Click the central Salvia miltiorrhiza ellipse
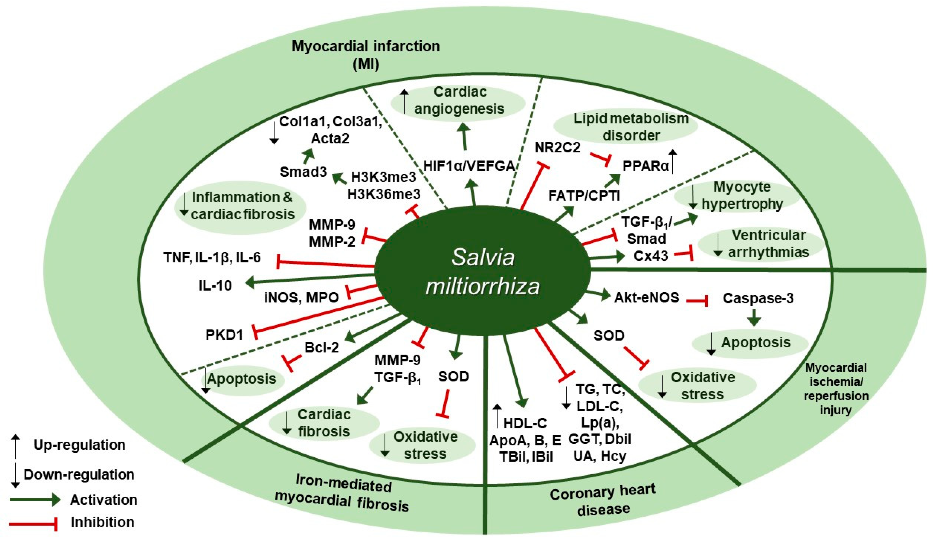[482, 271]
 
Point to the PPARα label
[646, 166]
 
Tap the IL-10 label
[215, 285]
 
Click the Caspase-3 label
[758, 298]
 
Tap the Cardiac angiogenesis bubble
[459, 100]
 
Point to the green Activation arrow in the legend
[35, 500]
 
